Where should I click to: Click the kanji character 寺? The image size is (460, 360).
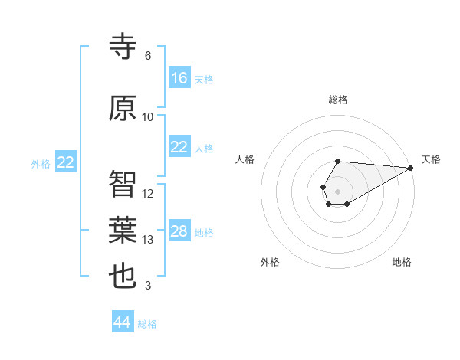click(123, 47)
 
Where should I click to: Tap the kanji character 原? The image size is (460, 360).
click(123, 108)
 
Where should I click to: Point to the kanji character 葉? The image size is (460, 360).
click(123, 230)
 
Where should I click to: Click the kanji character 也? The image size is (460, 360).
click(123, 277)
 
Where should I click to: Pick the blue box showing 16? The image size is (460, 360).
click(179, 78)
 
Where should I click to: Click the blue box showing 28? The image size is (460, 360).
click(179, 231)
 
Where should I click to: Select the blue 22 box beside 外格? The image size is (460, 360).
click(66, 162)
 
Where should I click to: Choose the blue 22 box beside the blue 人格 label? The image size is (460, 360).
click(179, 147)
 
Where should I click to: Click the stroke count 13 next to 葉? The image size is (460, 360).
click(148, 240)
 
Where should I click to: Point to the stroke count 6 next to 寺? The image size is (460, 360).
click(148, 56)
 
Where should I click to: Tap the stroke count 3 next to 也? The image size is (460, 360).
click(148, 286)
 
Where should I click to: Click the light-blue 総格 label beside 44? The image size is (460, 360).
click(147, 324)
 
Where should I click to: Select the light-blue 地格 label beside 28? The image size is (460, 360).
click(204, 232)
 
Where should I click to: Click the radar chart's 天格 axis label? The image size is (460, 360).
click(432, 159)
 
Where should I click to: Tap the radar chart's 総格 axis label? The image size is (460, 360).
click(338, 100)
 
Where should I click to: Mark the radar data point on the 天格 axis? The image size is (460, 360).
click(411, 167)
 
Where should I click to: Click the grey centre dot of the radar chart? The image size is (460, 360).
click(338, 190)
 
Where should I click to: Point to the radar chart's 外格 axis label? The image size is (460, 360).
click(270, 262)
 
